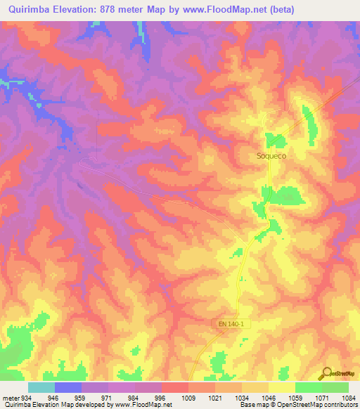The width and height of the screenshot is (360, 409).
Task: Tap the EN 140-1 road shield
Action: coord(228,323)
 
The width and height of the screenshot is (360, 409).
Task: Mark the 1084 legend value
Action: coord(347,398)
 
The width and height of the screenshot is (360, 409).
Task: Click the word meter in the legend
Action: coord(10,398)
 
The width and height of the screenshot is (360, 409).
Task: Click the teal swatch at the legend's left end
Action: coord(41,387)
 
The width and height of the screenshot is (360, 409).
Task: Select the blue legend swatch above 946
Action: coord(68,387)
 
